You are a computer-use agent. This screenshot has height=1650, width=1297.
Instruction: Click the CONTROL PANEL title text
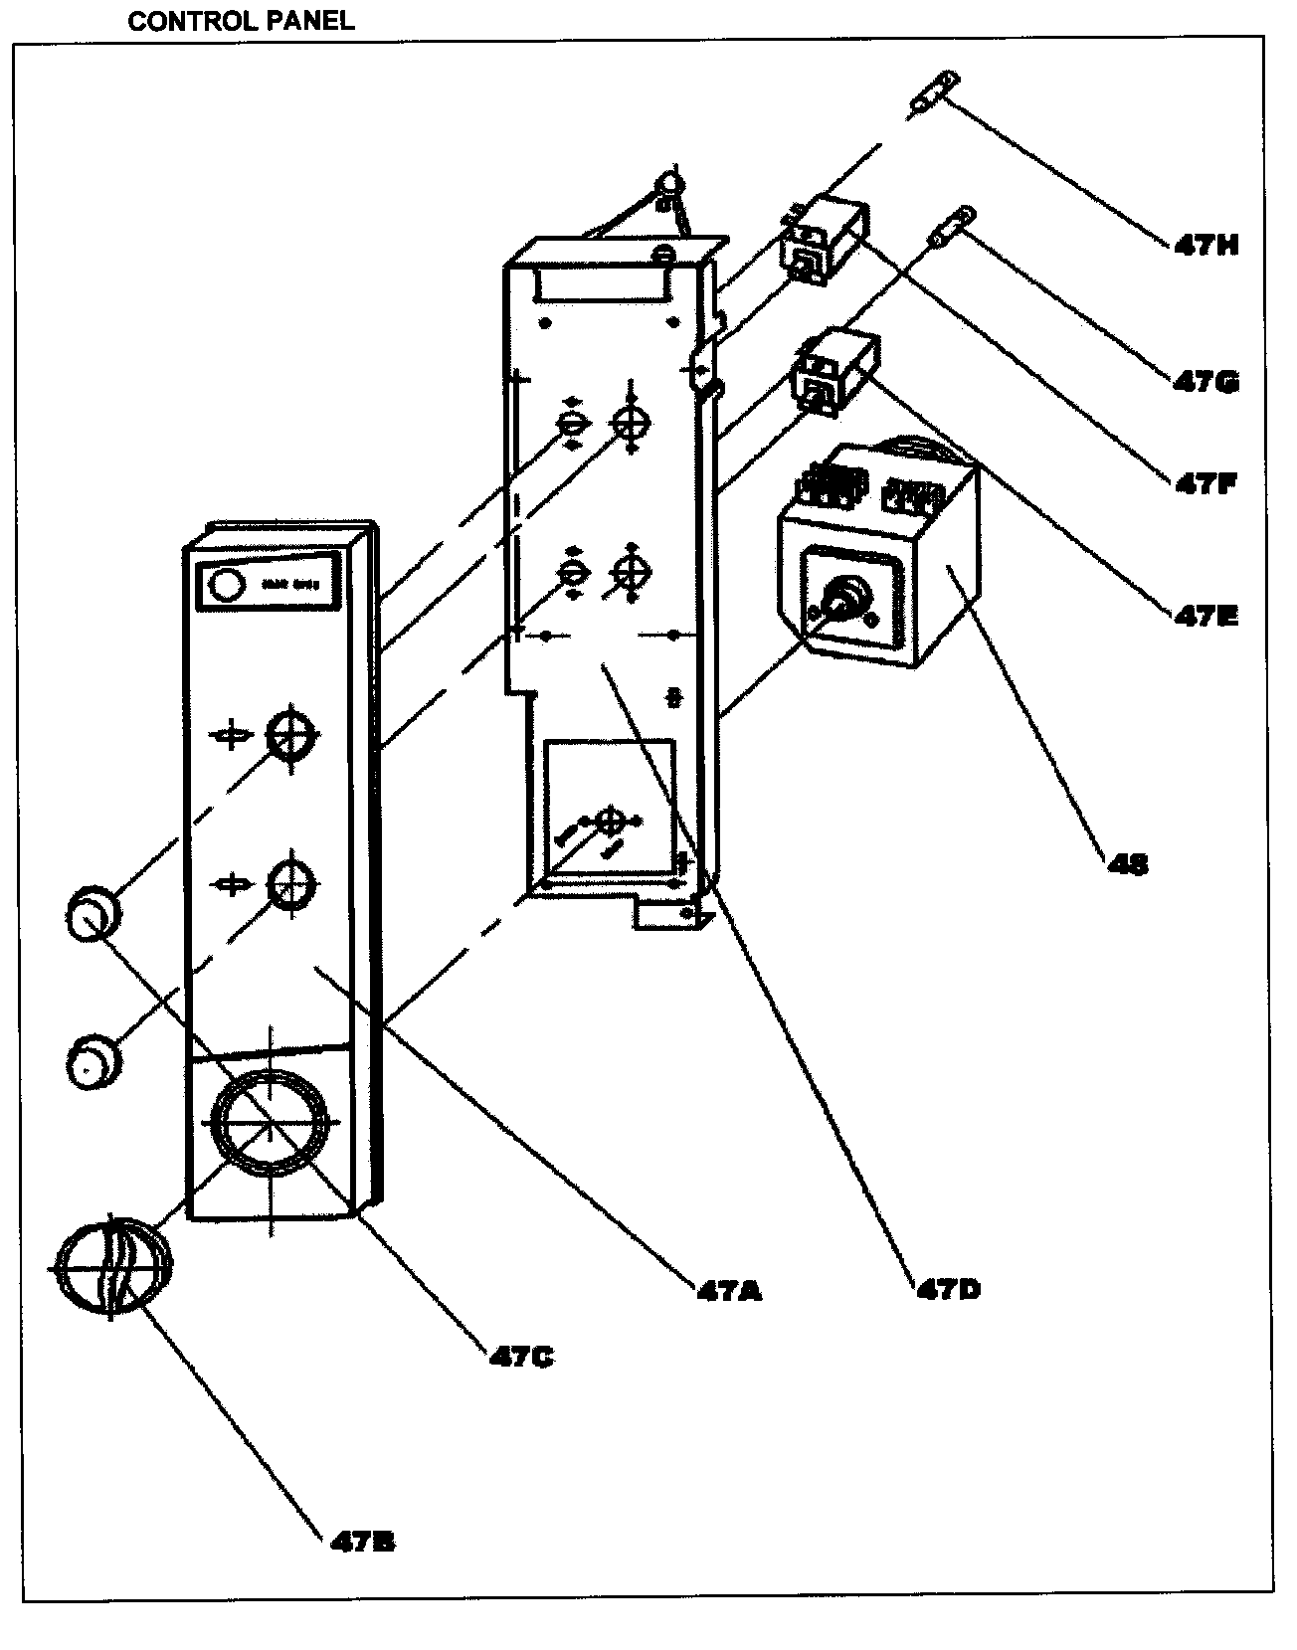point(241,21)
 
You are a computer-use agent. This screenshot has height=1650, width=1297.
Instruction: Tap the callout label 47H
point(1205,246)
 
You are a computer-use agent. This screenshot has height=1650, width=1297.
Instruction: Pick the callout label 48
point(1128,864)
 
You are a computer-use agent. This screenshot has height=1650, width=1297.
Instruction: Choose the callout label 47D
point(948,1290)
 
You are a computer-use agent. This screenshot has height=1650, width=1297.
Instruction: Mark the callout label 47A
point(729,1292)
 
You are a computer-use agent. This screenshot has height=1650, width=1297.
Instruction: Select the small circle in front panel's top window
point(227,585)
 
